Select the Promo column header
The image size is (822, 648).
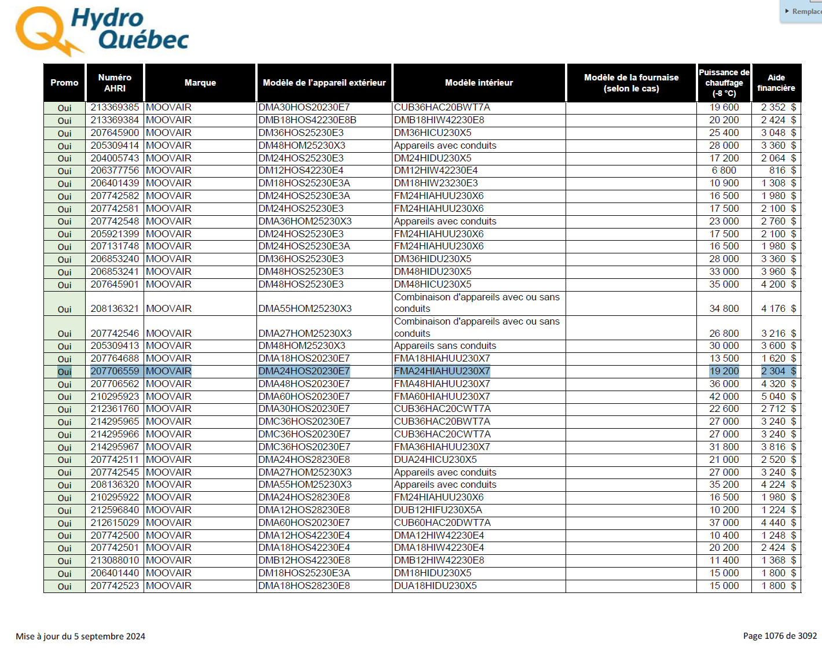pyautogui.click(x=64, y=83)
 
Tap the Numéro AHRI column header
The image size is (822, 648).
pyautogui.click(x=115, y=83)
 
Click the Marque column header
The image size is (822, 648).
pyautogui.click(x=200, y=83)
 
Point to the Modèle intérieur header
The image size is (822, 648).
pyautogui.click(x=479, y=83)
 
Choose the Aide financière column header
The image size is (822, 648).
pyautogui.click(x=776, y=83)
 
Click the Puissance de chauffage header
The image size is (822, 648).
pyautogui.click(x=724, y=83)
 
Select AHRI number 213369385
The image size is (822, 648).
pyautogui.click(x=115, y=108)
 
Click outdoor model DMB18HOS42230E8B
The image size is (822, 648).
pyautogui.click(x=307, y=120)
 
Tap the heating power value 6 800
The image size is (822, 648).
pyautogui.click(x=724, y=171)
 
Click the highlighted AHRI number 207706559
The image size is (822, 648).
pyautogui.click(x=115, y=371)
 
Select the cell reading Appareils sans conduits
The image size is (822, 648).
pyautogui.click(x=445, y=346)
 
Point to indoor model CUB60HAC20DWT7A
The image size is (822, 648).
pyautogui.click(x=442, y=523)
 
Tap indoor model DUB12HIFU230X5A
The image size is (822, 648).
pyautogui.click(x=438, y=510)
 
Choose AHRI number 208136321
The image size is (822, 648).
pyautogui.click(x=115, y=309)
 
